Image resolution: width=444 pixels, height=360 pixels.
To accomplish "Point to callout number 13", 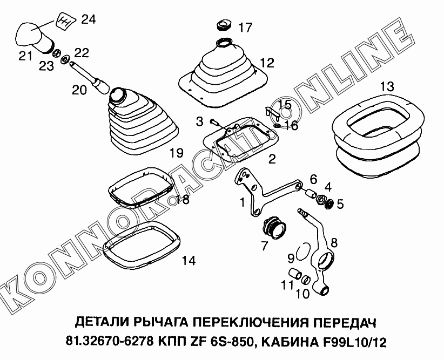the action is (x=387, y=86).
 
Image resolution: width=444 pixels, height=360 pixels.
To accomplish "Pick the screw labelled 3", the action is (x=214, y=123).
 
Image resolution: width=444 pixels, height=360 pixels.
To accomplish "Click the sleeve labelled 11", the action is (x=295, y=274).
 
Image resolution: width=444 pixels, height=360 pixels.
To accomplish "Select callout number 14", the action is (x=189, y=261).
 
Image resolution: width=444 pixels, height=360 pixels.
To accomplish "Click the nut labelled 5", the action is (x=329, y=204).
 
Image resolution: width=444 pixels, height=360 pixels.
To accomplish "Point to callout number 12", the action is (x=267, y=63).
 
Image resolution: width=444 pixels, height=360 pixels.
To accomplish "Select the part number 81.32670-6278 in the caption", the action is (x=107, y=342).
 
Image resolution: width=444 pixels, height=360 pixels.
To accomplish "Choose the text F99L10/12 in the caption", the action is (x=354, y=342).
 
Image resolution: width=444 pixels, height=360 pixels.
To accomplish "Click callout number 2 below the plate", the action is (x=272, y=159).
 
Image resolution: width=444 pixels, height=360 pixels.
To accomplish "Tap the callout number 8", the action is (x=334, y=242).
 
